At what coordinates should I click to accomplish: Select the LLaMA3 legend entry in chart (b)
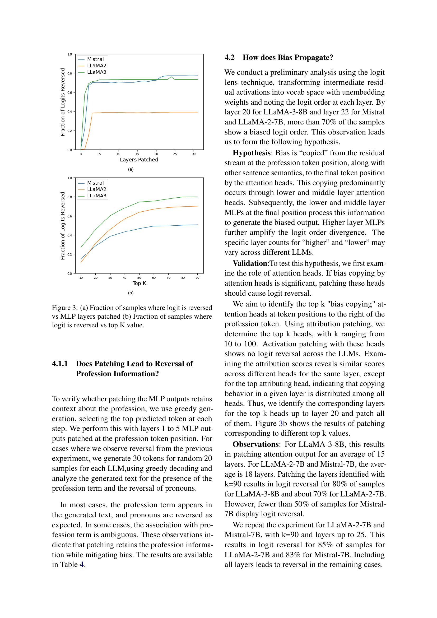pyautogui.click(x=97, y=196)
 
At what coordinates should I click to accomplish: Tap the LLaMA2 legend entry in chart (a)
pyautogui.click(x=97, y=66)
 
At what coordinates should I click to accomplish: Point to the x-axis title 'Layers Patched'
pyautogui.click(x=139, y=160)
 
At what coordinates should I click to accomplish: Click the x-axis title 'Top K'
pyautogui.click(x=139, y=283)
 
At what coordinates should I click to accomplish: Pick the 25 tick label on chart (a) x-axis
pyautogui.click(x=175, y=154)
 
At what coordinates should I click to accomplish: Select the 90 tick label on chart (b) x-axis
pyautogui.click(x=197, y=277)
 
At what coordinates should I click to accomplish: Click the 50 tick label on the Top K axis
pyautogui.click(x=139, y=277)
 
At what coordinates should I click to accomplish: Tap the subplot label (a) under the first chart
pyautogui.click(x=131, y=169)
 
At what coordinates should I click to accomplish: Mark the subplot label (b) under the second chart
pyautogui.click(x=131, y=293)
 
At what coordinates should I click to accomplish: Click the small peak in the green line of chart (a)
pyautogui.click(x=171, y=77)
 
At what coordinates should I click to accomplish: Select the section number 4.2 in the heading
pyautogui.click(x=230, y=58)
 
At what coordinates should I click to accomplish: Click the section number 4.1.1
pyautogui.click(x=60, y=364)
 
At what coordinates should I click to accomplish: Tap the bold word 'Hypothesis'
pyautogui.click(x=251, y=153)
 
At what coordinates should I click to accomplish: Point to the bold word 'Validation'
pyautogui.click(x=250, y=263)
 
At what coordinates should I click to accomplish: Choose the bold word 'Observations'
pyautogui.click(x=255, y=444)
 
